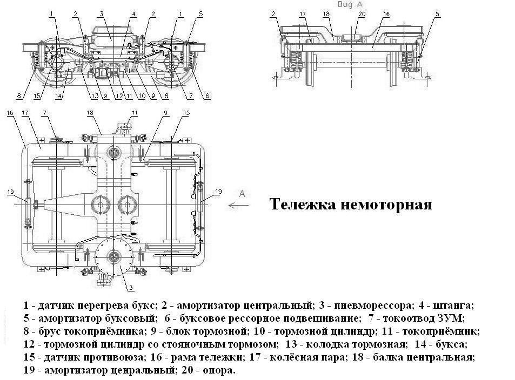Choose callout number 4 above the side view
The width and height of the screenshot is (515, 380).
coord(133,13)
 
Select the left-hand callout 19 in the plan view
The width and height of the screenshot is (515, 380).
coord(10,192)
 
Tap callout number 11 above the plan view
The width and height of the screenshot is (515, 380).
coord(135,112)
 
